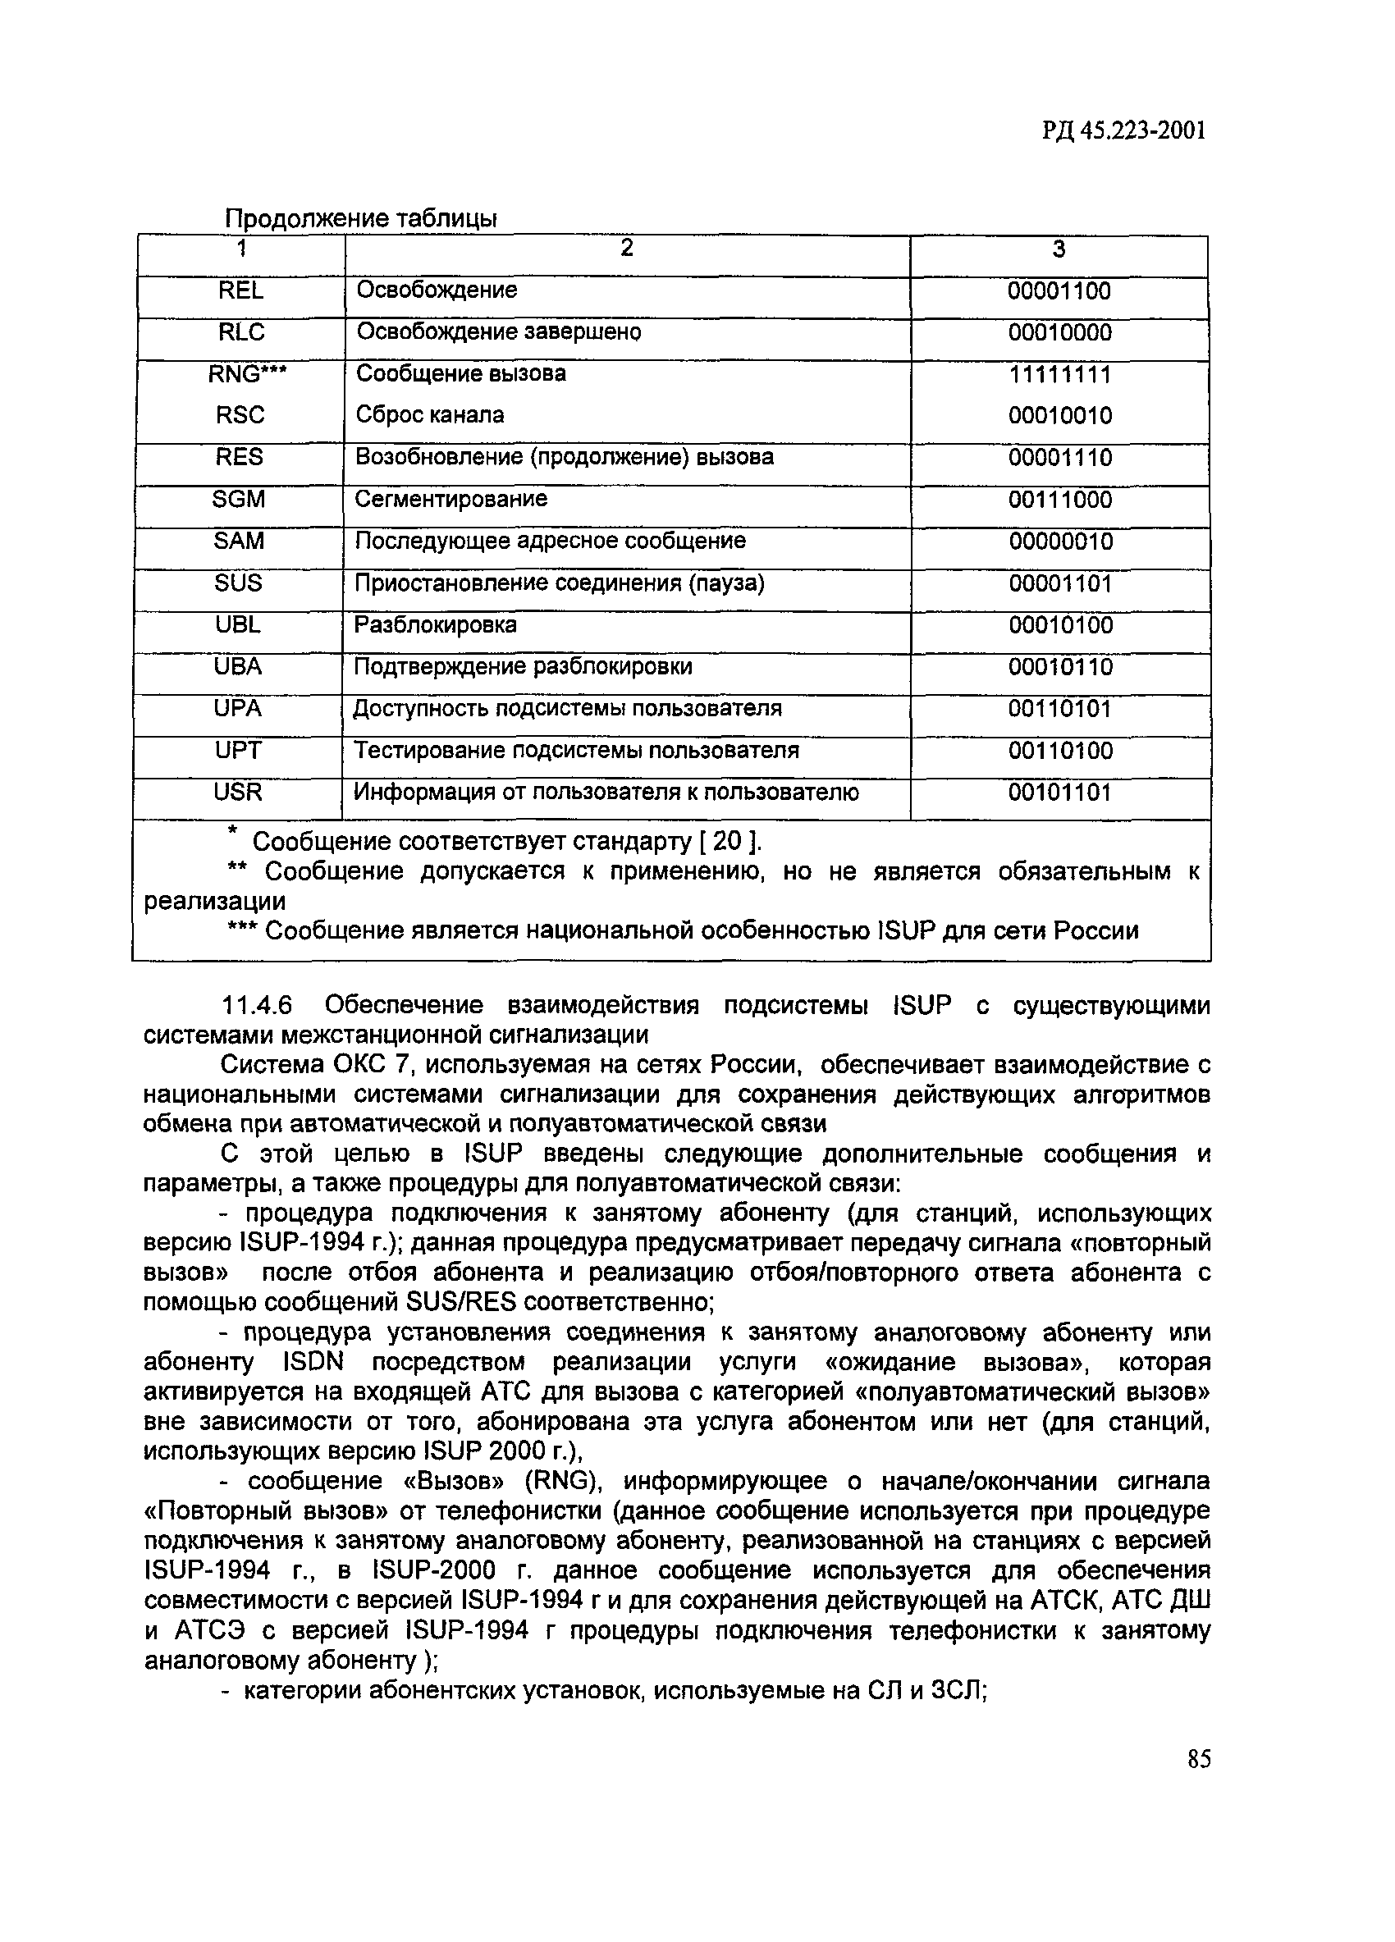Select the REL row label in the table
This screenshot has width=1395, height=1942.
pyautogui.click(x=240, y=290)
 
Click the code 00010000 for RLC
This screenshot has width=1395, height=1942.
pyautogui.click(x=1059, y=332)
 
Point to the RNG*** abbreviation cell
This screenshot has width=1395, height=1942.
pyautogui.click(x=240, y=373)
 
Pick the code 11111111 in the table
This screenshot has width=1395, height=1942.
pyautogui.click(x=1059, y=374)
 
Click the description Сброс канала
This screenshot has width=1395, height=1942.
pyautogui.click(x=430, y=415)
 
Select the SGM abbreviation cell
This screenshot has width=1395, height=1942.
pyautogui.click(x=239, y=498)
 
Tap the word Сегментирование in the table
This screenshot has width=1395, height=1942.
pyautogui.click(x=451, y=498)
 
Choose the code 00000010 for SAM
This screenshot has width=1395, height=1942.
pyautogui.click(x=1060, y=541)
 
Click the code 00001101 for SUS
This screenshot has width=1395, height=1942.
pyautogui.click(x=1060, y=583)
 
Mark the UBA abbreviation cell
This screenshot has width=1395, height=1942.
pyautogui.click(x=238, y=666)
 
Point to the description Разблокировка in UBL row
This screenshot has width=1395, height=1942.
pyautogui.click(x=435, y=625)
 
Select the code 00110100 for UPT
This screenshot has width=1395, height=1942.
pyautogui.click(x=1060, y=751)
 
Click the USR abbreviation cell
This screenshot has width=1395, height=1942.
pyautogui.click(x=238, y=792)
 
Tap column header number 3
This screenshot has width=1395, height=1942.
pyautogui.click(x=1059, y=249)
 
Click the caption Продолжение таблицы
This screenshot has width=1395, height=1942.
pyautogui.click(x=360, y=219)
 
